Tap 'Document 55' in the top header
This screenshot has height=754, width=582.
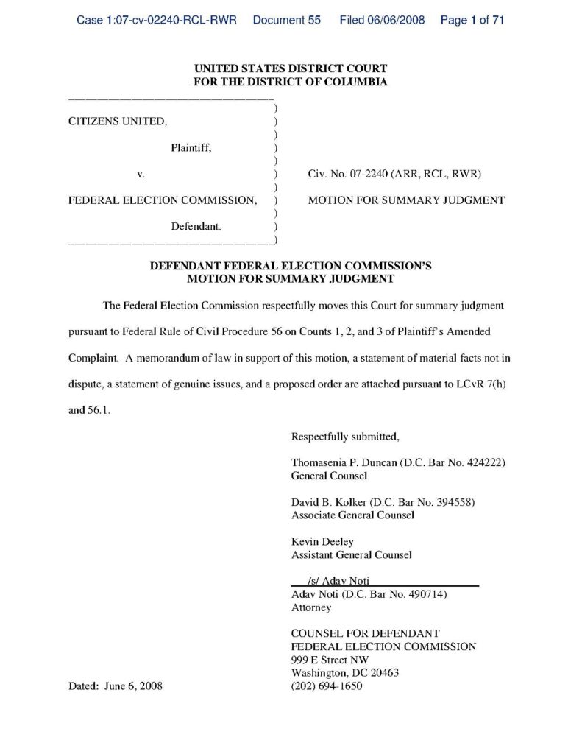pos(286,21)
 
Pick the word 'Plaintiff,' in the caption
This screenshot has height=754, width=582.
pos(191,148)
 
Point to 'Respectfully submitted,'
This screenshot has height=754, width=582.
pos(345,437)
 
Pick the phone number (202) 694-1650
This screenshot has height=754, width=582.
pos(327,686)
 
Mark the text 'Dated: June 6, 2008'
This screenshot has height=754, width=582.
pos(116,686)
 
